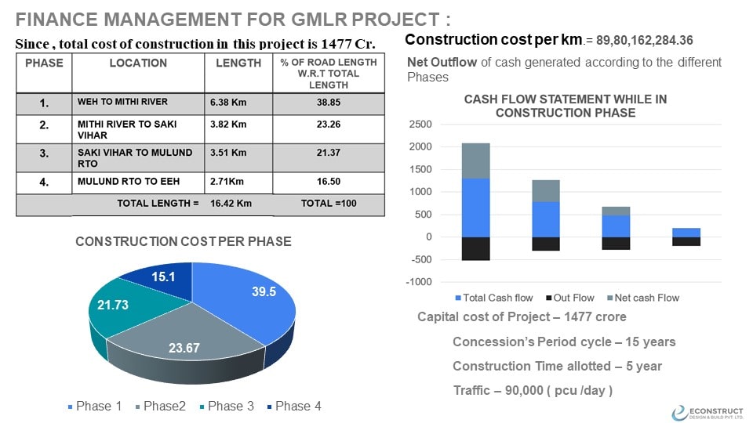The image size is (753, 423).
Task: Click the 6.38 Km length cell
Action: [x=228, y=102]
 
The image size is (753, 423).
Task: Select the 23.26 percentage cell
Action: [x=328, y=124]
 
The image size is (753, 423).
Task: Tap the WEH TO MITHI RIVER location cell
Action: [x=122, y=102]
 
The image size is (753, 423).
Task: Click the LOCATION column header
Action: [x=138, y=63]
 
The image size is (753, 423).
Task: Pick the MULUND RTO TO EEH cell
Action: [x=128, y=182]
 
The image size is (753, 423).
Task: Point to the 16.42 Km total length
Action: [x=231, y=203]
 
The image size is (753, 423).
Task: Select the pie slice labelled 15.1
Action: [x=153, y=277]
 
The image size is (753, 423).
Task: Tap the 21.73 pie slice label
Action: [x=111, y=303]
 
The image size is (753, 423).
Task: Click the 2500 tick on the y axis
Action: [x=420, y=125]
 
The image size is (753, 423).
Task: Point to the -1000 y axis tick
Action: [x=419, y=282]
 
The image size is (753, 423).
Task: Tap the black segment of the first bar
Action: [x=476, y=248]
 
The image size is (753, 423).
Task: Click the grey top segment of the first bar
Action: [x=476, y=161]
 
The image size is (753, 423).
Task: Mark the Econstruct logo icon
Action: [x=679, y=413]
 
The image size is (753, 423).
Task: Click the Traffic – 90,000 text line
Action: [x=533, y=390]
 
